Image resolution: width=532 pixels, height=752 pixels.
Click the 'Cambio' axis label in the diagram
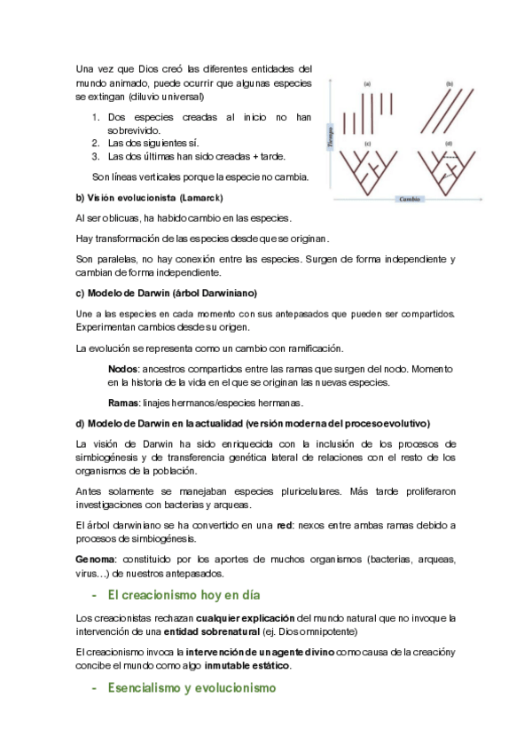click(x=409, y=200)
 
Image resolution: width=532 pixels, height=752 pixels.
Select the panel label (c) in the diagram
click(x=366, y=143)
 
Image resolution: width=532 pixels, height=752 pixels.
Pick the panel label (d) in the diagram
click(x=449, y=143)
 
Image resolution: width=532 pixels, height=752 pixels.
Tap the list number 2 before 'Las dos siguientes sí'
click(x=96, y=143)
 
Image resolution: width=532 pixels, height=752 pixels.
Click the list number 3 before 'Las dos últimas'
click(x=96, y=156)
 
